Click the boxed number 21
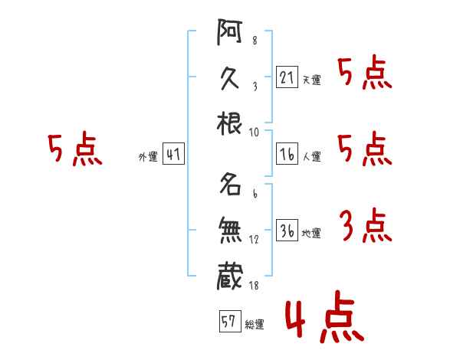(286, 77)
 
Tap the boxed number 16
(286, 155)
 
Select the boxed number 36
(286, 231)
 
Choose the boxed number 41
(173, 155)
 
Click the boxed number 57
(228, 322)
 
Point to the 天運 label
(311, 80)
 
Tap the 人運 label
(311, 157)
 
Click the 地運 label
(311, 234)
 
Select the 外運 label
(147, 157)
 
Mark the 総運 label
(255, 325)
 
